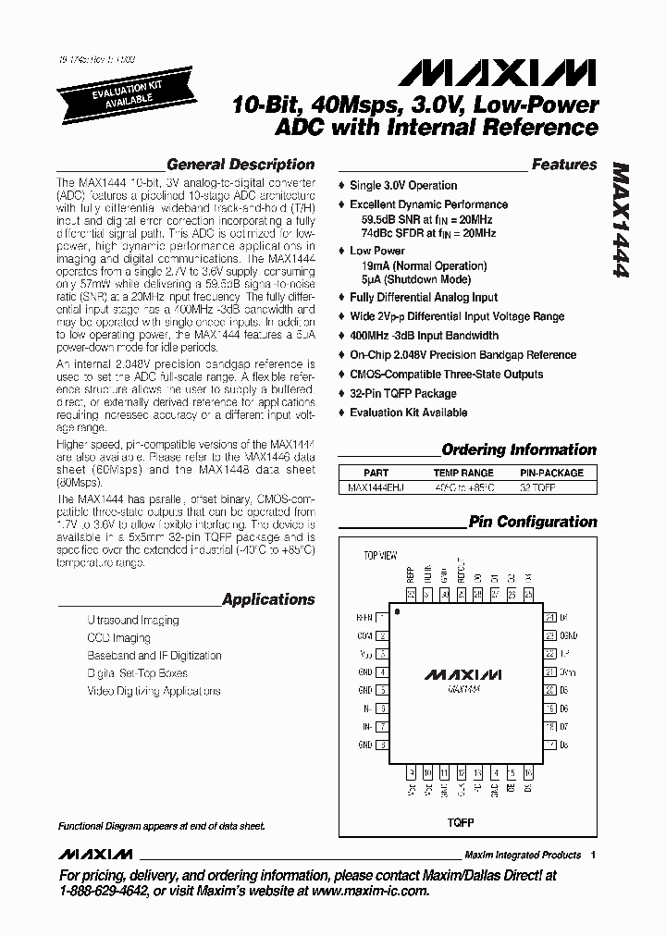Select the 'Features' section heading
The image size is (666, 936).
563,165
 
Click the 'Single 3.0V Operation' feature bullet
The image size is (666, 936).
402,185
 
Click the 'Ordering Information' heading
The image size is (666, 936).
519,450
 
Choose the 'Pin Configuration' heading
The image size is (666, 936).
533,522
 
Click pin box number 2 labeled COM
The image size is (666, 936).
381,635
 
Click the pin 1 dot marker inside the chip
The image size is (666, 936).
397,612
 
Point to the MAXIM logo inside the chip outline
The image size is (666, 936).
463,675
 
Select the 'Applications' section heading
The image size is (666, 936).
268,599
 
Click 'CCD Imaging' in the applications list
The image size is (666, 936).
118,638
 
